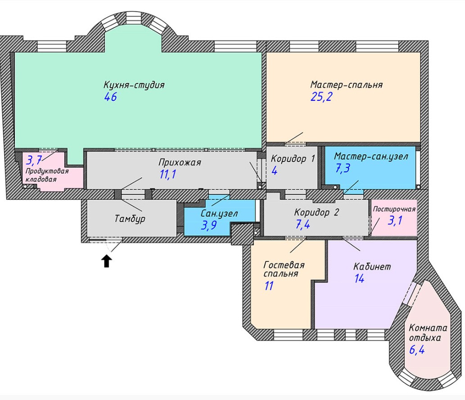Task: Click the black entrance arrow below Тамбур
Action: (107, 262)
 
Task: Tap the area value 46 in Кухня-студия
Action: (110, 97)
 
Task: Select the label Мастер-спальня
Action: (346, 85)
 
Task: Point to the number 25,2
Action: (321, 97)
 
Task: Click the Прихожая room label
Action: (180, 162)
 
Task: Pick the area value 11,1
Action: (167, 174)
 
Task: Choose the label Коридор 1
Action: (293, 159)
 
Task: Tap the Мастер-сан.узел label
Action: (371, 156)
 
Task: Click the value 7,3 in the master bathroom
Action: (343, 168)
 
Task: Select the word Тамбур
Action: (130, 219)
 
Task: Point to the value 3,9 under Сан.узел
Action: (209, 225)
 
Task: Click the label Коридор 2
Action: (316, 212)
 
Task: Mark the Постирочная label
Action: (394, 209)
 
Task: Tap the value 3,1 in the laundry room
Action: (395, 220)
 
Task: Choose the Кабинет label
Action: (372, 266)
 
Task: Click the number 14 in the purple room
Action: (359, 279)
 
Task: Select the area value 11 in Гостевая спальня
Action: (269, 286)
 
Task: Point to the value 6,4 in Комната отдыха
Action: (417, 350)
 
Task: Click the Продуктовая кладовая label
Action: (47, 175)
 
